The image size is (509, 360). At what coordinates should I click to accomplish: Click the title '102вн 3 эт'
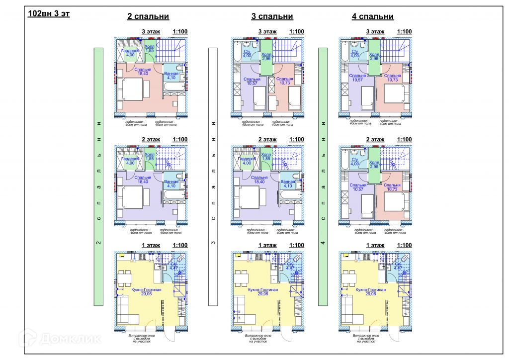click(x=49, y=13)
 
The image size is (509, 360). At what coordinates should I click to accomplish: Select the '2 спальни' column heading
click(x=148, y=16)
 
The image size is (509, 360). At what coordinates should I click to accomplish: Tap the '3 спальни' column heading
click(x=272, y=16)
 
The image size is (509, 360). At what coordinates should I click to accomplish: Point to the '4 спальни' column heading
click(x=373, y=16)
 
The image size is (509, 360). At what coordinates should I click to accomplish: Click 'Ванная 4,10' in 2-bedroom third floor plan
click(x=171, y=76)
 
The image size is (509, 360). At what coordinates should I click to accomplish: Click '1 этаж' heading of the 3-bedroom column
click(x=267, y=245)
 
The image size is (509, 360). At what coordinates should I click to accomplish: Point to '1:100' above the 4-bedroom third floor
click(x=404, y=32)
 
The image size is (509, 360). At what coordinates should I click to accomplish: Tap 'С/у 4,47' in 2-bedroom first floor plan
click(x=174, y=266)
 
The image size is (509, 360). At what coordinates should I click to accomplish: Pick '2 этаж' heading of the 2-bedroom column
click(x=151, y=140)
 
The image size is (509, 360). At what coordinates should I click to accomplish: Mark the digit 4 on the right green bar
click(x=323, y=243)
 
